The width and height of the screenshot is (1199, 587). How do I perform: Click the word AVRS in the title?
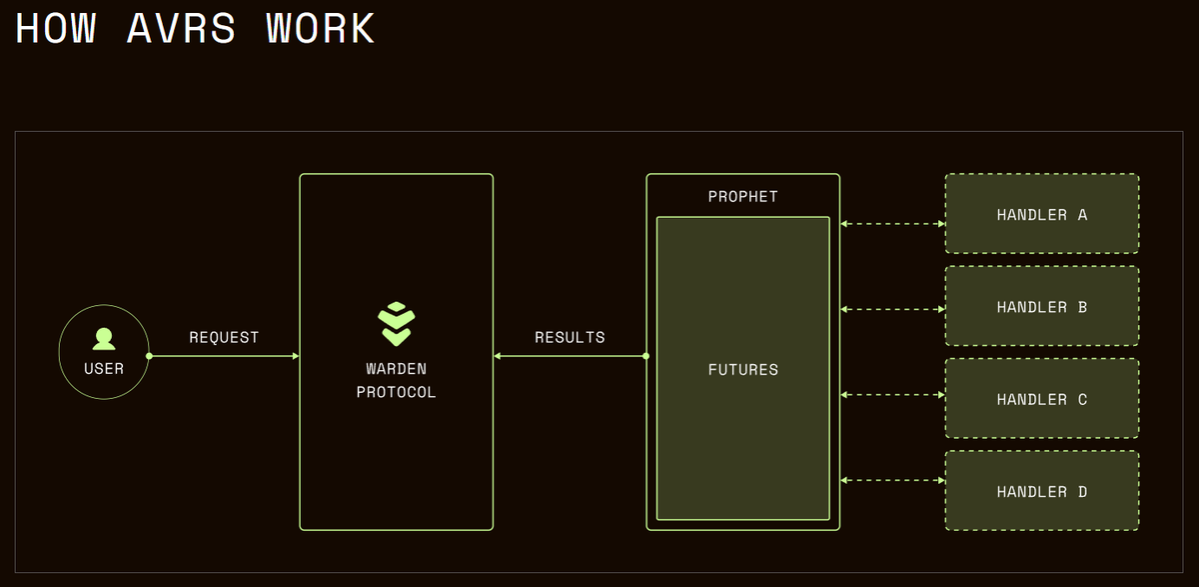(182, 29)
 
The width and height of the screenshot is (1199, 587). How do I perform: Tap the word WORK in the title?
(321, 29)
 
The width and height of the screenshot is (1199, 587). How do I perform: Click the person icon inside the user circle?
(103, 339)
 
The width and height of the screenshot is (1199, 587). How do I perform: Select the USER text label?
(104, 369)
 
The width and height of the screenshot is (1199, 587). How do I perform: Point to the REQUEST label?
(224, 338)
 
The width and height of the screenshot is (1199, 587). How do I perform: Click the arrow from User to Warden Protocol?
(224, 356)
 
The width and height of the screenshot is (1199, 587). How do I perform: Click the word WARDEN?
(396, 369)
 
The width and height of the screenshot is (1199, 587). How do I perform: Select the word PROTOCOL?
(396, 392)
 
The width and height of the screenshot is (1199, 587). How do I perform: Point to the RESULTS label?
(570, 338)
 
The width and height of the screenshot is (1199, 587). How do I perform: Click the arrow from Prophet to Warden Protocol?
(570, 356)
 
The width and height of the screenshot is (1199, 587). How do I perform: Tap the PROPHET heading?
(742, 196)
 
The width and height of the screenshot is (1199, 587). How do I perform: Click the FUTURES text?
(742, 370)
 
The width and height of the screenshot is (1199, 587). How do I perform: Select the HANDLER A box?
(1042, 214)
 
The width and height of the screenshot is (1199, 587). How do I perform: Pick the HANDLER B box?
(1042, 307)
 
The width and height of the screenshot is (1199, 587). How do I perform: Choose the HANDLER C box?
(1042, 399)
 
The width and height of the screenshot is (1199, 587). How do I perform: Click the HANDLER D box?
(1042, 491)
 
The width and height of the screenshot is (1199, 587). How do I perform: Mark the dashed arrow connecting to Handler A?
(892, 224)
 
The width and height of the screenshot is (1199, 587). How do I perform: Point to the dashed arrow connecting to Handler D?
(892, 481)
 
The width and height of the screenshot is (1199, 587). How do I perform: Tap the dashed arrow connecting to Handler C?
(892, 395)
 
